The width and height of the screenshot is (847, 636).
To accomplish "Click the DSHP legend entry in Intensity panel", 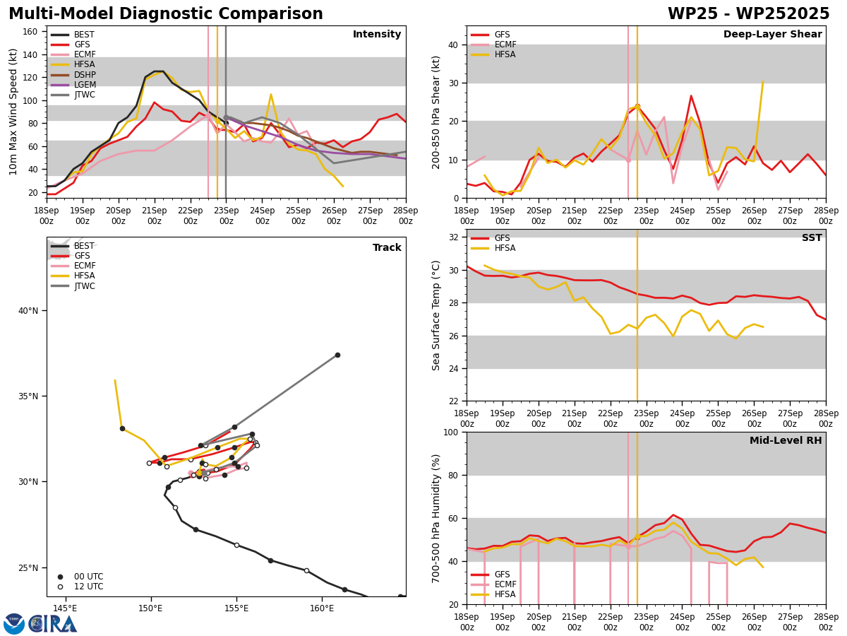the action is pyautogui.click(x=73, y=74).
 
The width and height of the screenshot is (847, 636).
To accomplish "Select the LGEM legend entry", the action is pyautogui.click(x=73, y=85).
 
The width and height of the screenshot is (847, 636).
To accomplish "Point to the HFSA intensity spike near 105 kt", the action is pyautogui.click(x=271, y=94).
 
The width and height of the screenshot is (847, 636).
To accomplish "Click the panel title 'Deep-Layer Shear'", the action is pyautogui.click(x=772, y=34).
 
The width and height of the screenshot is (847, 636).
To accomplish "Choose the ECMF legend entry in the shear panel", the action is pyautogui.click(x=493, y=45).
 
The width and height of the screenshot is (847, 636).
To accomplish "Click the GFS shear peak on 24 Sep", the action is pyautogui.click(x=691, y=95).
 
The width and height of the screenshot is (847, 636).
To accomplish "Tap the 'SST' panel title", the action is pyautogui.click(x=812, y=237).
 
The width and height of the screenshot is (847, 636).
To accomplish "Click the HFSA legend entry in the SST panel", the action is pyautogui.click(x=493, y=248).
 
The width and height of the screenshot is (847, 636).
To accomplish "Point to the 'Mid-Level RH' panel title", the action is pyautogui.click(x=786, y=440).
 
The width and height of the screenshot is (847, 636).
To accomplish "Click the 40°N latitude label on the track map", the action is pyautogui.click(x=28, y=310).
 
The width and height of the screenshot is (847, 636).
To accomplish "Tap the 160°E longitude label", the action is pyautogui.click(x=322, y=608).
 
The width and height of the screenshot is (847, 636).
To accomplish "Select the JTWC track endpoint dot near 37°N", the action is pyautogui.click(x=337, y=355).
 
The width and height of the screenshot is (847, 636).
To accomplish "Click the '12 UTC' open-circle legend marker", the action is pyautogui.click(x=60, y=587).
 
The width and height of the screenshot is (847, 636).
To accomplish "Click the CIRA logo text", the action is pyautogui.click(x=53, y=624).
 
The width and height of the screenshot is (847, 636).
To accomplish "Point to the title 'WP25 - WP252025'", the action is pyautogui.click(x=748, y=13).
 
